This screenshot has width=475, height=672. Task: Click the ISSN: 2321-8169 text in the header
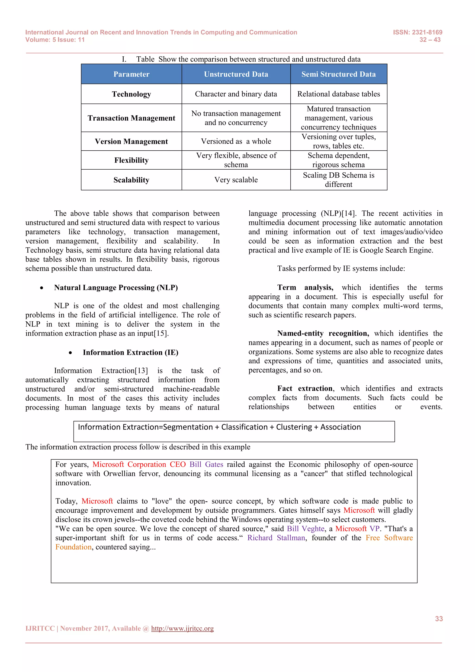pyautogui.click(x=417, y=32)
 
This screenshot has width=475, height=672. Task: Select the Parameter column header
pyautogui.click(x=131, y=74)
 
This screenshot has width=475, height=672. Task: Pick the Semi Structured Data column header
pyautogui.click(x=338, y=74)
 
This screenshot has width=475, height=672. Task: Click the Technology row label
pyautogui.click(x=131, y=94)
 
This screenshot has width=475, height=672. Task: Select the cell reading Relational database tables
pyautogui.click(x=338, y=94)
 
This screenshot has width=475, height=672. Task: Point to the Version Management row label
pyautogui.click(x=131, y=141)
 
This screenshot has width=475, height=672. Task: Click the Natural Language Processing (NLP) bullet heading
pyautogui.click(x=116, y=288)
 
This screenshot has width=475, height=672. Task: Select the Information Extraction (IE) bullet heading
pyautogui.click(x=130, y=352)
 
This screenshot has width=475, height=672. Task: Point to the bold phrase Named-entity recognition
pyautogui.click(x=323, y=333)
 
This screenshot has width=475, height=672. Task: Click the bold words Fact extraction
pyautogui.click(x=305, y=388)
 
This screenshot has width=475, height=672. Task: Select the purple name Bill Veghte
pyautogui.click(x=305, y=529)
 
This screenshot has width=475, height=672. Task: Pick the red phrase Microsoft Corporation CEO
pyautogui.click(x=139, y=465)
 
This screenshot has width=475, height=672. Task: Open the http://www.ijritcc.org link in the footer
pyautogui.click(x=182, y=628)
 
